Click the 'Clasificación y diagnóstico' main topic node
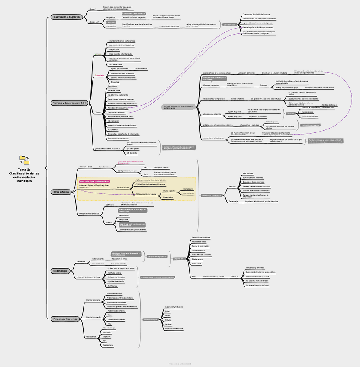(67, 17)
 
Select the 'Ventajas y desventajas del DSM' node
(70, 103)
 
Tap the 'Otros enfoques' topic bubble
(61, 191)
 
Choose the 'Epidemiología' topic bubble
(60, 270)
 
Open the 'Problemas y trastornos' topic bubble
(65, 319)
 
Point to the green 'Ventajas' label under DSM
(98, 54)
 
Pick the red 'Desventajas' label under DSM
(100, 75)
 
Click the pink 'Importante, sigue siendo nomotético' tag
(94, 181)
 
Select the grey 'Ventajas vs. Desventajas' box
(212, 195)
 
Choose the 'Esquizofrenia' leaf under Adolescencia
(108, 345)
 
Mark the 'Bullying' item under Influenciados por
(169, 320)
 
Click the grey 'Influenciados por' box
(150, 320)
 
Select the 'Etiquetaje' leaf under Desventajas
(115, 82)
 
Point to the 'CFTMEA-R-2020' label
(86, 167)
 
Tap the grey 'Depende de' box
(178, 258)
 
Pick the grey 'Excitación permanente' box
(310, 125)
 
